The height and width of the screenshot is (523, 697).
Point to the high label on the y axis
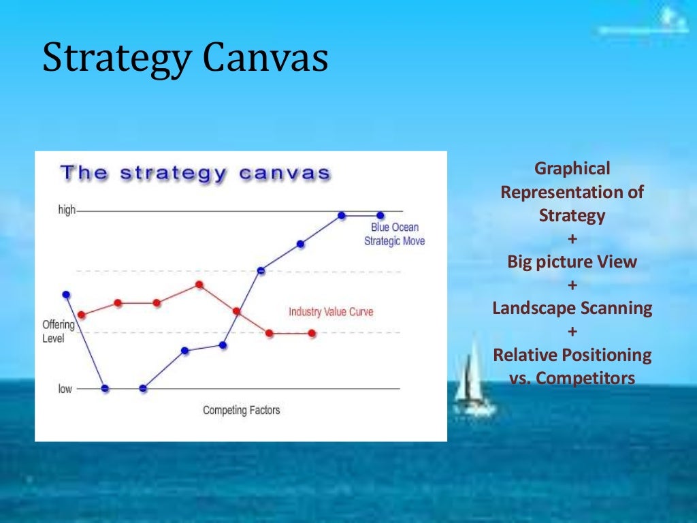[x=67, y=210]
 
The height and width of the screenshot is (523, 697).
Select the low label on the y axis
[x=65, y=389]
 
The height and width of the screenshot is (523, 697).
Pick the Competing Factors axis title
[x=241, y=410]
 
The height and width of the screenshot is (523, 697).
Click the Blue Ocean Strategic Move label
[x=394, y=234]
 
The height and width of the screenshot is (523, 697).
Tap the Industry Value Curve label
[x=331, y=312]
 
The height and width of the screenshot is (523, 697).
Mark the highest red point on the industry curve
[x=199, y=285]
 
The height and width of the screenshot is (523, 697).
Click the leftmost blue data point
[x=66, y=294]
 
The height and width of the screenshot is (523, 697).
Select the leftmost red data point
[x=82, y=315]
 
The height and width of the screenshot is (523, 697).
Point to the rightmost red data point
[x=312, y=333]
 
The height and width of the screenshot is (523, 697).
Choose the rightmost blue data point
[x=380, y=216]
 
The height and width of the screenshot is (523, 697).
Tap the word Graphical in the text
[x=572, y=168]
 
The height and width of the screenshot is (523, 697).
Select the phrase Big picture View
[x=572, y=262]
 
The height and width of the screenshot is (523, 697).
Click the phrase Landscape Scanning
[x=572, y=308]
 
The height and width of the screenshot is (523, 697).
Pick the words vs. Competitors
[x=572, y=378]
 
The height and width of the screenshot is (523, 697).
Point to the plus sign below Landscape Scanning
[x=572, y=332]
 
